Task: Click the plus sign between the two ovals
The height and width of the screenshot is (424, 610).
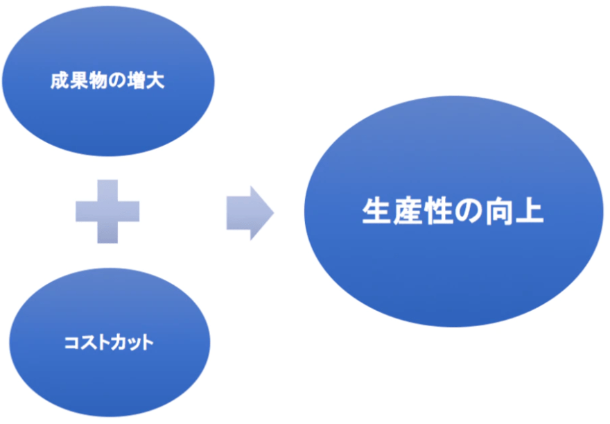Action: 107,211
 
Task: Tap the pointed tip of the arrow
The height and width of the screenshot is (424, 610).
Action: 272,212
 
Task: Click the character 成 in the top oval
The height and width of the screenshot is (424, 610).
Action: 59,81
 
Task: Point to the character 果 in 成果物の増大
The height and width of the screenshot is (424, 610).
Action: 77,81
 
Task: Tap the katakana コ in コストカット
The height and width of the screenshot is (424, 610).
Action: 69,343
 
